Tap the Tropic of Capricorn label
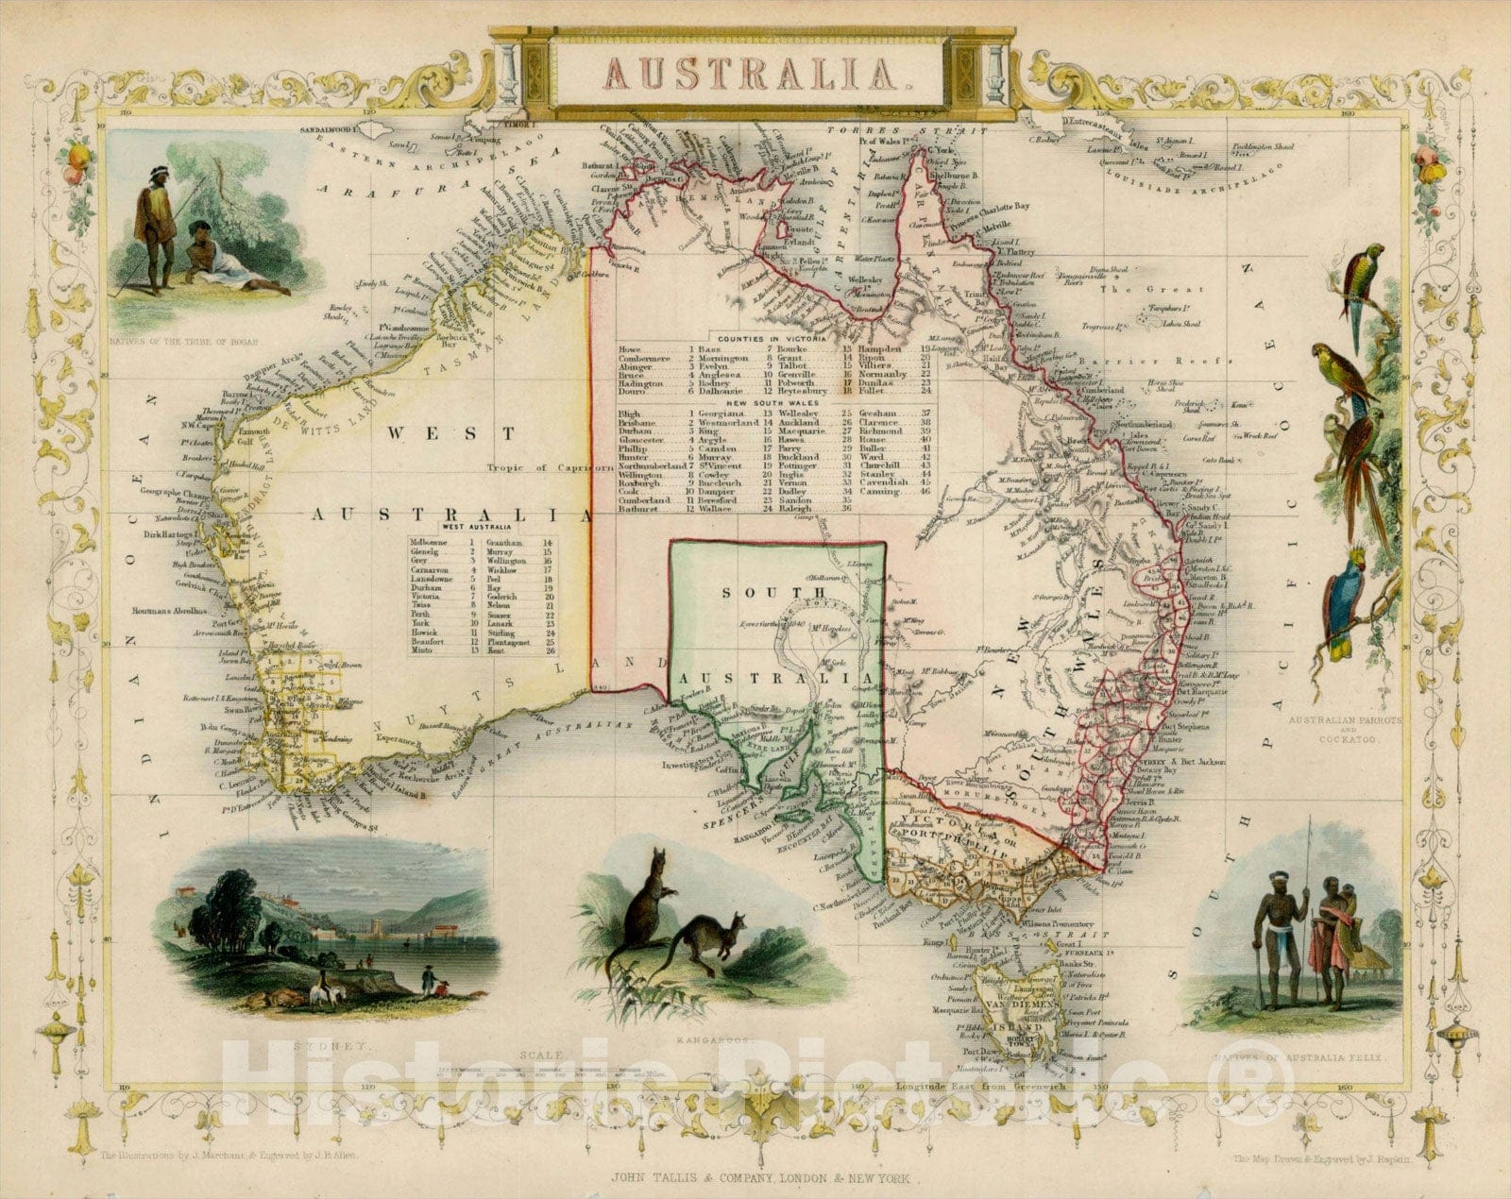(x=548, y=467)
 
